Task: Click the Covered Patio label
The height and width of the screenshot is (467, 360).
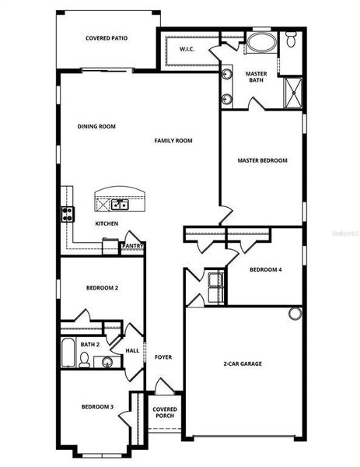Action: click(x=107, y=37)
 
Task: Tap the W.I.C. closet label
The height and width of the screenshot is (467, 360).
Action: click(x=187, y=50)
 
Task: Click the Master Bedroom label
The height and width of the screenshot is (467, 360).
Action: click(x=262, y=160)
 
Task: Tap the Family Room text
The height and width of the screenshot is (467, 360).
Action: click(x=173, y=141)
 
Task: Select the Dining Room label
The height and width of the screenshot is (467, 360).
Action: click(x=96, y=126)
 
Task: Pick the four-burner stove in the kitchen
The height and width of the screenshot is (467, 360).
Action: click(x=68, y=212)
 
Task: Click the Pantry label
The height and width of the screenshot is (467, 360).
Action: click(x=133, y=246)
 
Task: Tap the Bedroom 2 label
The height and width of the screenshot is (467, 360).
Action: click(x=102, y=288)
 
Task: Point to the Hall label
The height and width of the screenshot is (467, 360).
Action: click(x=131, y=350)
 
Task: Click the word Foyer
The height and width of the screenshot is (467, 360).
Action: click(x=163, y=357)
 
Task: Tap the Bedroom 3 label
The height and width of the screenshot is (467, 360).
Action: click(x=98, y=407)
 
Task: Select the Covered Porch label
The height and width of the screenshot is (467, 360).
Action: click(x=164, y=413)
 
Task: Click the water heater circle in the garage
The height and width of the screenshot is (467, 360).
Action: click(x=295, y=314)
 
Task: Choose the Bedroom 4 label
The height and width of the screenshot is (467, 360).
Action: click(x=265, y=270)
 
